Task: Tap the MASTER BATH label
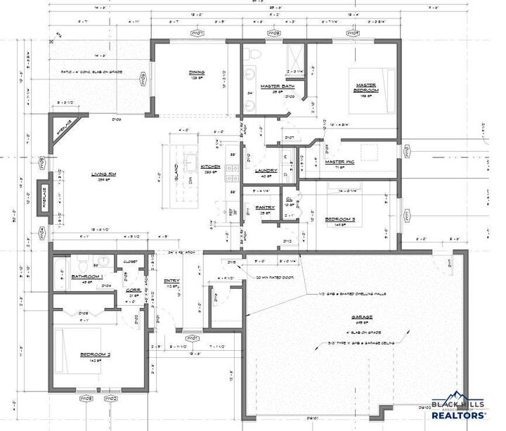tap(271, 86)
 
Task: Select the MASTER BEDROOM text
tap(365, 86)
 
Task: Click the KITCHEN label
tap(212, 167)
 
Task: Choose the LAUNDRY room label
tap(266, 170)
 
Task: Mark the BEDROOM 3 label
tap(339, 219)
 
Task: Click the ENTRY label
tap(171, 281)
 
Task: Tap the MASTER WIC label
tap(339, 162)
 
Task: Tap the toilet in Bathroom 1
tap(83, 262)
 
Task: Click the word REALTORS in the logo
tap(458, 416)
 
